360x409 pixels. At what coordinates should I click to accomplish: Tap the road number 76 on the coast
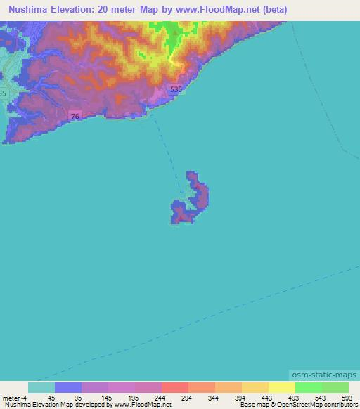coord(75,115)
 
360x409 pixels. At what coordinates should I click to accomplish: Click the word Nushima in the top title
coord(30,9)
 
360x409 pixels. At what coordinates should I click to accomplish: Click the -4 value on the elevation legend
coord(24,397)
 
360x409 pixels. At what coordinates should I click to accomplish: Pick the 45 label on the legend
coord(51,397)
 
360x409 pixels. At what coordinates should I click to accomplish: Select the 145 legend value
coord(105,397)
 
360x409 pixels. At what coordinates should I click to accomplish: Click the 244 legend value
coord(160,397)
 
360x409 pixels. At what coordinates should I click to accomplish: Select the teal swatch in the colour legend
coord(41,387)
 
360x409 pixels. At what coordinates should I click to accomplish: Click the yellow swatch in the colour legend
coord(281,387)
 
